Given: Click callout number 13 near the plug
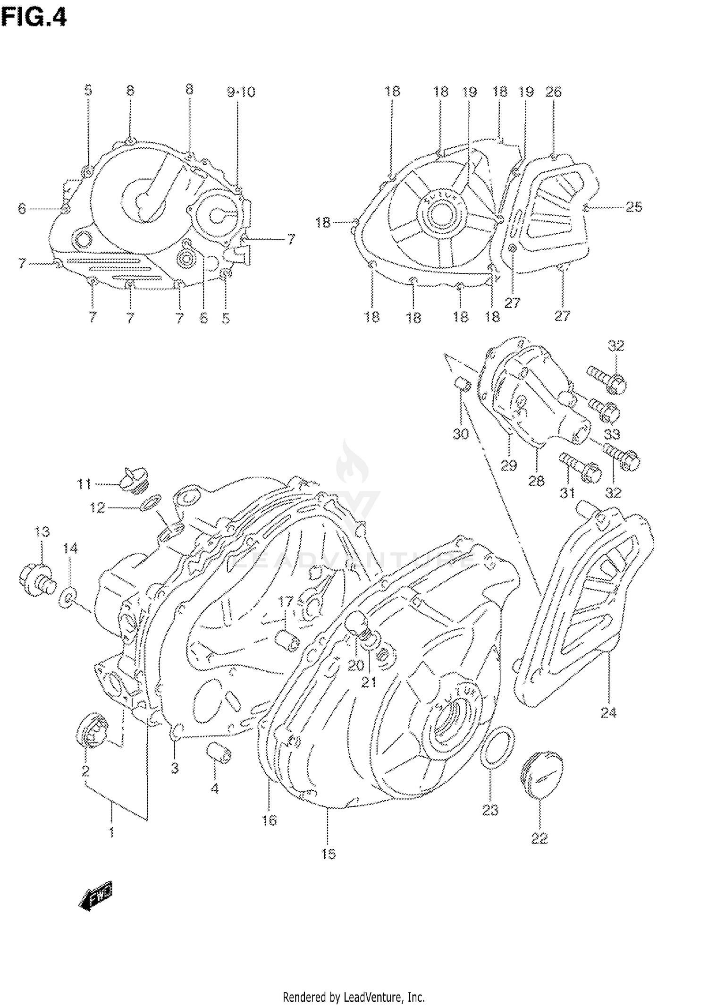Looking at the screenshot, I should pyautogui.click(x=42, y=532).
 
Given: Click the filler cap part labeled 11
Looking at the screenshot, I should pyautogui.click(x=133, y=480).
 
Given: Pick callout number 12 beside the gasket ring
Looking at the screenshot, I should pyautogui.click(x=97, y=508).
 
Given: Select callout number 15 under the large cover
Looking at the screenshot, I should pyautogui.click(x=328, y=854).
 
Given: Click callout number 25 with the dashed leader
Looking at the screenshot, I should pyautogui.click(x=633, y=207).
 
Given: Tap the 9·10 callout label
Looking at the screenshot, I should pyautogui.click(x=241, y=92).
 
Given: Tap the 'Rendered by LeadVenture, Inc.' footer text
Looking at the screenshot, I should pyautogui.click(x=354, y=997).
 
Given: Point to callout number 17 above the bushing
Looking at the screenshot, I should pyautogui.click(x=286, y=601).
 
